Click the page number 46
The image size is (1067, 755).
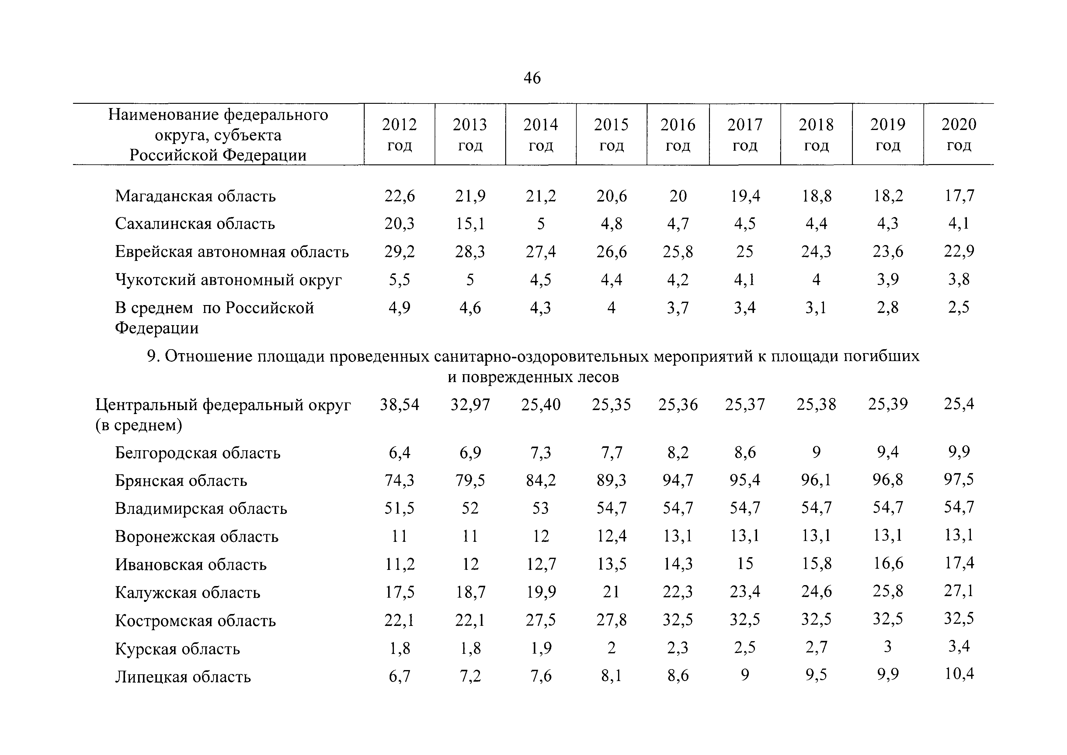532,78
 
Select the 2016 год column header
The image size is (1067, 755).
678,135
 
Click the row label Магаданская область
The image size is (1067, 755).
195,196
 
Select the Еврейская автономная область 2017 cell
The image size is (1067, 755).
745,252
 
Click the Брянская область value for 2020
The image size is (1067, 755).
959,479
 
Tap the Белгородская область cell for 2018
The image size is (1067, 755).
816,452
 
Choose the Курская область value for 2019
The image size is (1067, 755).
888,647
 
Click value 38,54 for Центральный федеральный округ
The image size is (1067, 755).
400,405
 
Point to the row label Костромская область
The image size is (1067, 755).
195,620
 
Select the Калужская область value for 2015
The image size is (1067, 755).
612,592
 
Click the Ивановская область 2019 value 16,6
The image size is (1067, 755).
888,564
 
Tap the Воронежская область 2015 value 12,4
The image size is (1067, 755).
612,536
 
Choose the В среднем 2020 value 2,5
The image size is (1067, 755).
959,307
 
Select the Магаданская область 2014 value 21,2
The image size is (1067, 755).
541,196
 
